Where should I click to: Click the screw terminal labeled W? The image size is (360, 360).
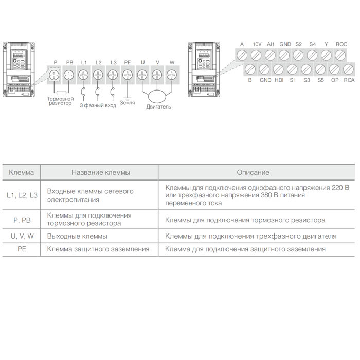[x=171, y=75]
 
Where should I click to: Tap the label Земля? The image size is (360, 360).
[x=127, y=102]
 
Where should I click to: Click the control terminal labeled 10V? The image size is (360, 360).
[x=257, y=55]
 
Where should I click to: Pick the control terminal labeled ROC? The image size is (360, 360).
[x=341, y=55]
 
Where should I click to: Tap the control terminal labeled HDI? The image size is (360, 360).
[x=279, y=69]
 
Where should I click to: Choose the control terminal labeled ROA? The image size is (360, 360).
[x=349, y=69]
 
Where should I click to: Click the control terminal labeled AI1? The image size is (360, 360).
[x=271, y=55]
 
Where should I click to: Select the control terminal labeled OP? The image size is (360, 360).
[x=335, y=69]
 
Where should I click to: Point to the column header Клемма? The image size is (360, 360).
[x=22, y=172]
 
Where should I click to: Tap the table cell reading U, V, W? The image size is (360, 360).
[x=22, y=236]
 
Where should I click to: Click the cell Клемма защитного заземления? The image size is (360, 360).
[x=98, y=249]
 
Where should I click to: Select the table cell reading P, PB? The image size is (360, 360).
[x=22, y=220]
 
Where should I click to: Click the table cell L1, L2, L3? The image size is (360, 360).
[x=22, y=195]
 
